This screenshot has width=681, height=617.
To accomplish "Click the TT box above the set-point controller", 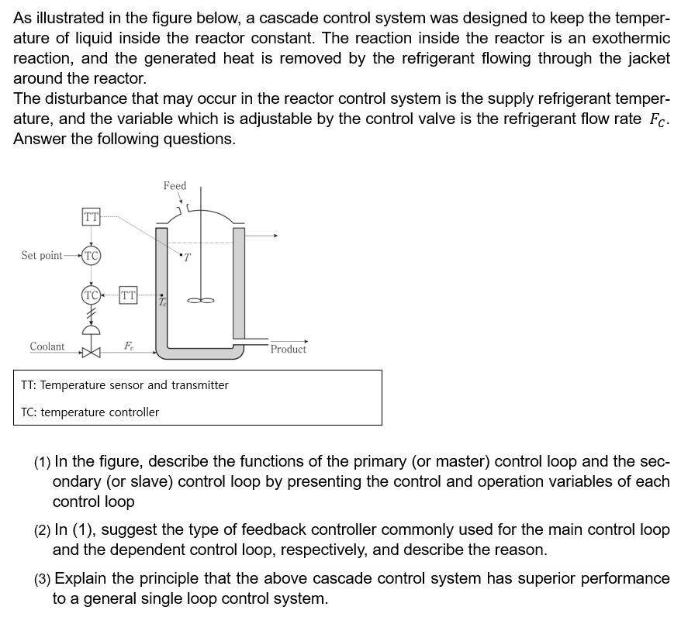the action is pos(91,217).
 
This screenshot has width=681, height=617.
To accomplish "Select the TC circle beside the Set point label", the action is pos(92,255).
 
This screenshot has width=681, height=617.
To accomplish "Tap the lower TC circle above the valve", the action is pos(92,295).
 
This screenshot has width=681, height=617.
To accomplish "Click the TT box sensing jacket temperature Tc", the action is pos(128,295).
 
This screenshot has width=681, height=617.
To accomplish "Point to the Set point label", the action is pos(42,255).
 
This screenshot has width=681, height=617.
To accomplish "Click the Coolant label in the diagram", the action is pos(47,346).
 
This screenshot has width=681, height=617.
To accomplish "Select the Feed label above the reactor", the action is pos(175,185).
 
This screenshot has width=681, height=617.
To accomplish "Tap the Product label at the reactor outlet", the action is pos(288,349).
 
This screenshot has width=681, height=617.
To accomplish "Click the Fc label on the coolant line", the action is pos(129,346).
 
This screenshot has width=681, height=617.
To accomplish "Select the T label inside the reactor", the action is pos(187,258).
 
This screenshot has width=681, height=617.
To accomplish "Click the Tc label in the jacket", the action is pos(162,302).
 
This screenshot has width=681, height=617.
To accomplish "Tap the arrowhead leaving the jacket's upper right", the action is pos(275,235).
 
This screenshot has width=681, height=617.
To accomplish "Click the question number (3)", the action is pos(42,579).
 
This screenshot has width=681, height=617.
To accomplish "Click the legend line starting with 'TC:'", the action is pos(90,412).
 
